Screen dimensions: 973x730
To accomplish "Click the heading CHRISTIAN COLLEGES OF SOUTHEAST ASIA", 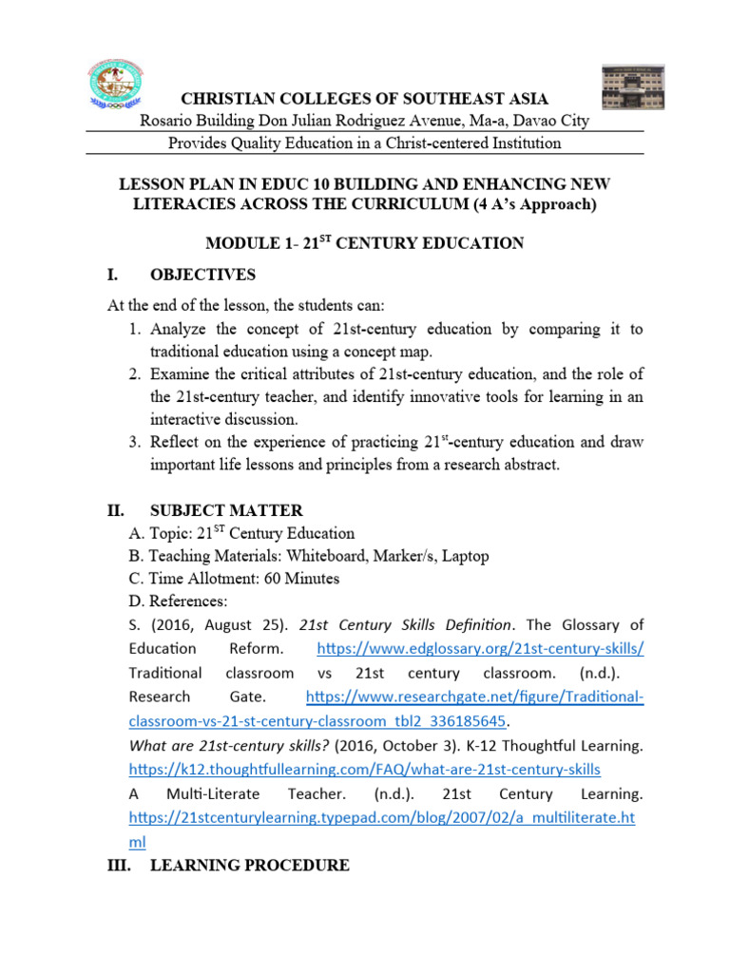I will coord(365,100).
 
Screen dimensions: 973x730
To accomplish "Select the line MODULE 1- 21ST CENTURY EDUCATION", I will coord(365,243).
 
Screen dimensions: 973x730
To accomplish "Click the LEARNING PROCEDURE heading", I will coord(250,866).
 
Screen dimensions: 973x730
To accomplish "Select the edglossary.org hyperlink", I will coord(480,648).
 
